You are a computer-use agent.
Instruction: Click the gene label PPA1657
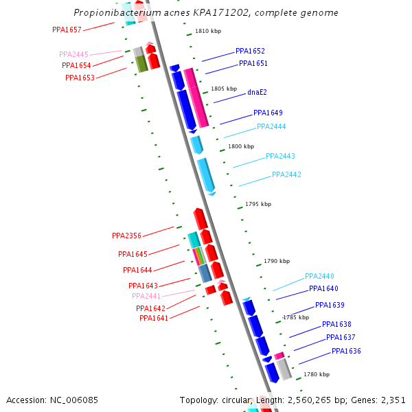click(x=67, y=30)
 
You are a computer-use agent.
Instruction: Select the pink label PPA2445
click(x=73, y=54)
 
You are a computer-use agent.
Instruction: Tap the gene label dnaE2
click(x=257, y=92)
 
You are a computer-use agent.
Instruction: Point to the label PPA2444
click(x=271, y=126)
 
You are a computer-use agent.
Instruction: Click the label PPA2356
click(x=126, y=236)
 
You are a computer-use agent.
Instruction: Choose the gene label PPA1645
click(x=133, y=254)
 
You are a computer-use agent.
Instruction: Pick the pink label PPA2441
click(x=146, y=296)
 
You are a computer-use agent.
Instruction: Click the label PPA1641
click(x=154, y=318)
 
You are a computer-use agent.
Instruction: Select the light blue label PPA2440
click(x=319, y=276)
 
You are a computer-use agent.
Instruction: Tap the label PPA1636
click(x=346, y=351)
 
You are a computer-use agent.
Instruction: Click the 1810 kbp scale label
click(x=208, y=31)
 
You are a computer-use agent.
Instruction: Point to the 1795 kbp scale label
click(x=258, y=204)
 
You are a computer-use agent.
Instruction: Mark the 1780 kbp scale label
click(x=317, y=374)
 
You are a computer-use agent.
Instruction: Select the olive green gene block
click(x=141, y=64)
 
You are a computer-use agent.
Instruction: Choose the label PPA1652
click(x=250, y=51)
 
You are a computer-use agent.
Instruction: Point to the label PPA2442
click(x=286, y=174)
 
